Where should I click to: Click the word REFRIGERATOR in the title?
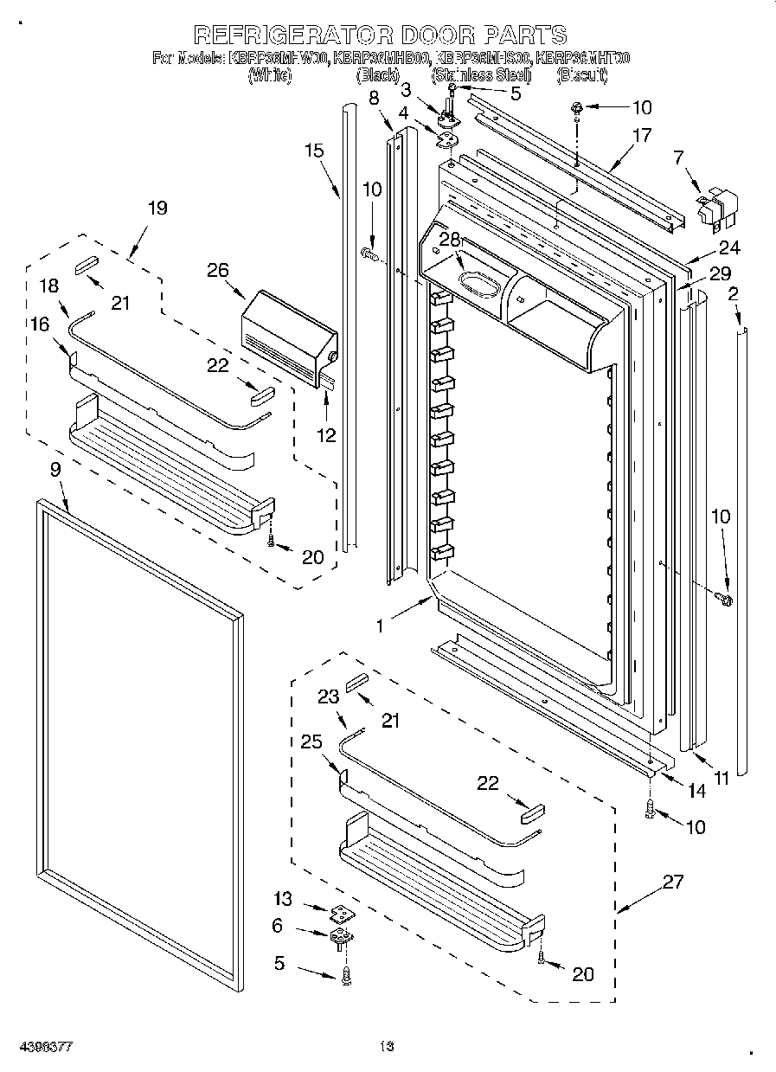(287, 35)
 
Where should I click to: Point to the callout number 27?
(672, 882)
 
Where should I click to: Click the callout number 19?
(157, 209)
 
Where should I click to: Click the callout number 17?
(641, 135)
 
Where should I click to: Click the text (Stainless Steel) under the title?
(481, 76)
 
